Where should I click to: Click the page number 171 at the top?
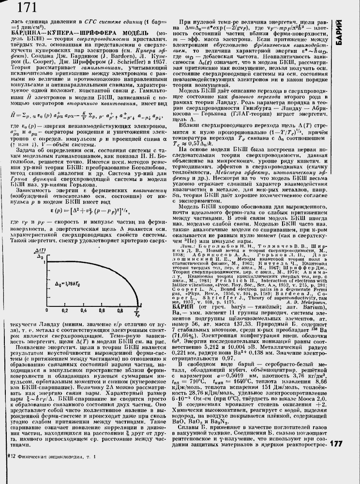(28, 8)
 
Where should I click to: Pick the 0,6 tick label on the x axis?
(117, 322)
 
